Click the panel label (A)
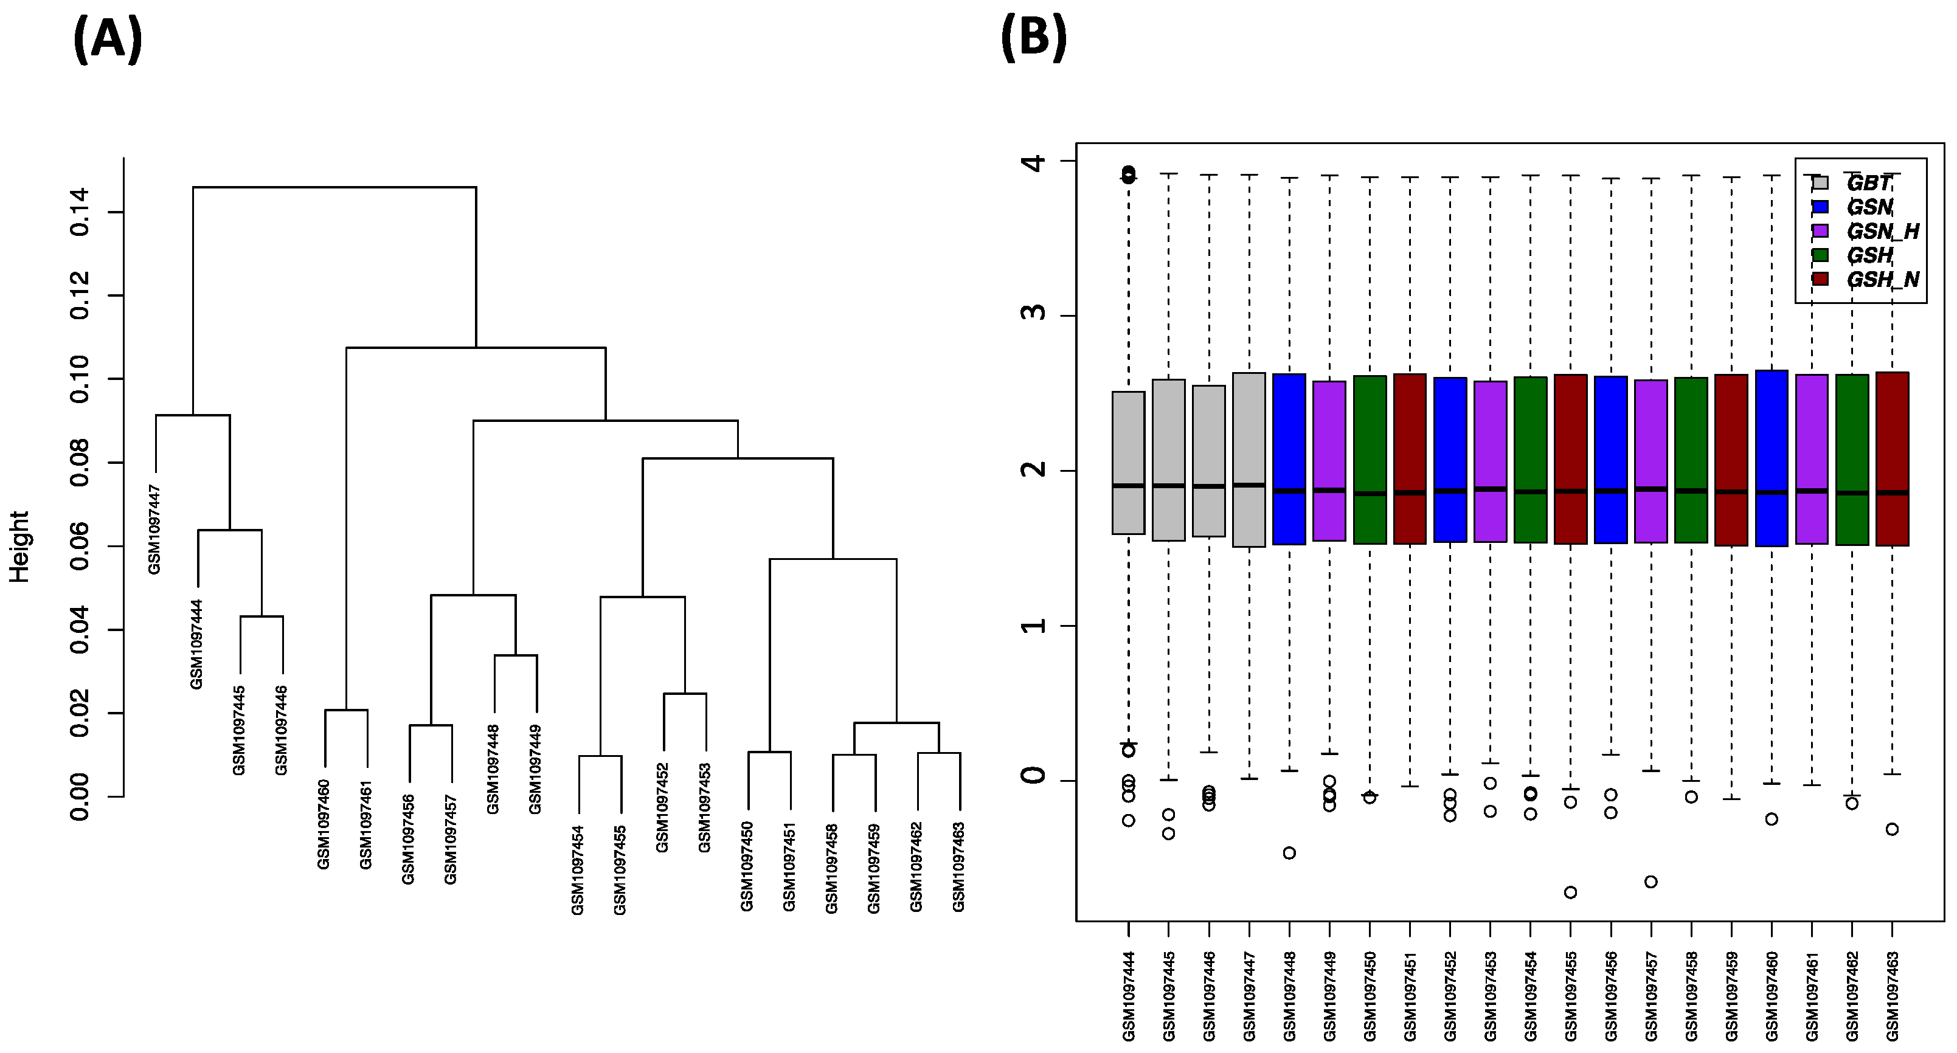(x=107, y=40)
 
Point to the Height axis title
(x=19, y=547)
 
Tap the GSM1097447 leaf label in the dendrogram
(x=154, y=530)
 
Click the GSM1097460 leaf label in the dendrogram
(x=324, y=824)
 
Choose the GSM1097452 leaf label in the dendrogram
(x=662, y=807)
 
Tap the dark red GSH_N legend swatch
(x=1820, y=279)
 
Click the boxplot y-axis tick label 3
(x=1034, y=316)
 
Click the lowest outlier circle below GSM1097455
(x=1570, y=892)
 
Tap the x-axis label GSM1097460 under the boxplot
(x=1772, y=995)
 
